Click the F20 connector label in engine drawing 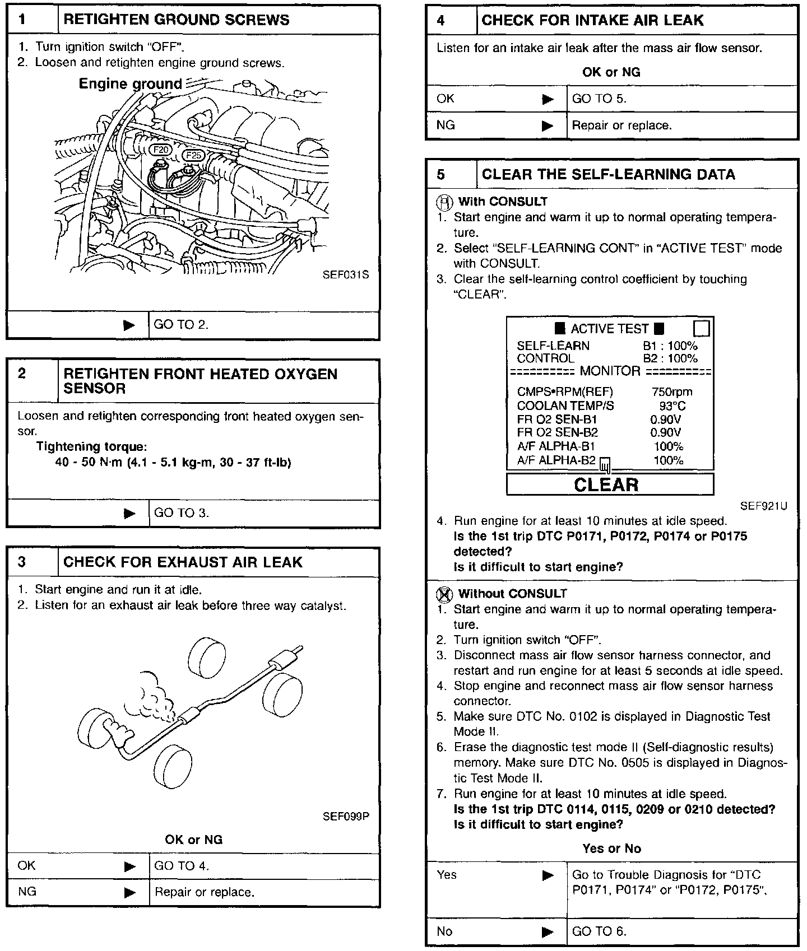point(161,150)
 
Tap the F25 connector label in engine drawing point(194,155)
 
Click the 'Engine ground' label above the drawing point(130,84)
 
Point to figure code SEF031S point(346,275)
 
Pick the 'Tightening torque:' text point(91,447)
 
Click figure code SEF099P point(346,816)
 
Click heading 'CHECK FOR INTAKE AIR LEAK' point(592,21)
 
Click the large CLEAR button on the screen point(610,484)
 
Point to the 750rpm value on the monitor point(672,392)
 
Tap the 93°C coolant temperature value point(672,406)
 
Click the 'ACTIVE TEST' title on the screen point(609,329)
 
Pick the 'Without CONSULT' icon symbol point(447,594)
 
